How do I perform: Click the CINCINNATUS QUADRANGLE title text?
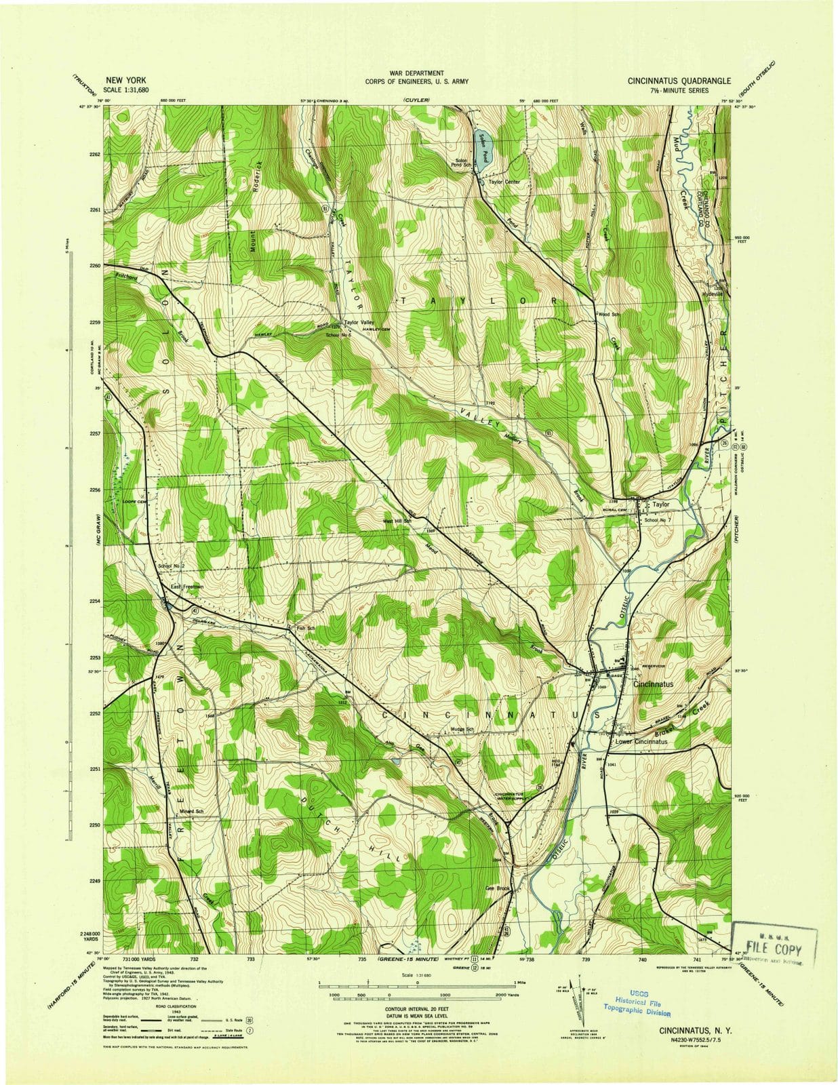click(x=679, y=81)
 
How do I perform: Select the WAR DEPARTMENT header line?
click(x=417, y=73)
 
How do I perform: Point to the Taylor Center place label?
click(x=504, y=182)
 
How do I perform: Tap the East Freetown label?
click(x=186, y=587)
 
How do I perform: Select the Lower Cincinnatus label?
click(x=641, y=741)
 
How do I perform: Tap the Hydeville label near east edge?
click(x=713, y=294)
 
